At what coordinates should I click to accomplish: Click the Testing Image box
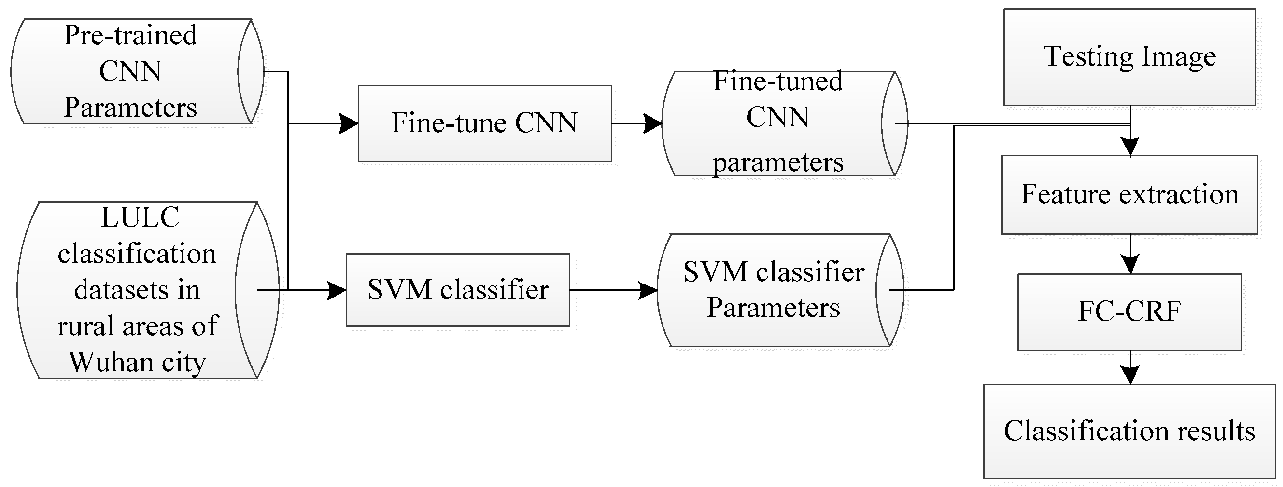click(1129, 57)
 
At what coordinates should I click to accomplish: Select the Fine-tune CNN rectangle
click(484, 123)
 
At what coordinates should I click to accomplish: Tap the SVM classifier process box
click(457, 290)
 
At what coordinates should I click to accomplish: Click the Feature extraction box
click(1129, 194)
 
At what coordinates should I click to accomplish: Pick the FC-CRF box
click(1129, 312)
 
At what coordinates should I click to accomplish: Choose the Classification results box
click(1129, 431)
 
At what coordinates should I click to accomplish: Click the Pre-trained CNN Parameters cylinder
click(130, 71)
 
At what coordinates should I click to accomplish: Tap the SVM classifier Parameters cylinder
click(773, 290)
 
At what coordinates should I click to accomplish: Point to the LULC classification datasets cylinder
click(137, 290)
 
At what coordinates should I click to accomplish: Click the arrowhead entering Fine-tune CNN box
click(349, 123)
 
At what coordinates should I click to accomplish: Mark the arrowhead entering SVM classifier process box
click(337, 290)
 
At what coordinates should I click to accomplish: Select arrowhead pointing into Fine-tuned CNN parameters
click(652, 123)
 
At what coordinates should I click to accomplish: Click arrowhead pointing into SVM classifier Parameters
click(648, 290)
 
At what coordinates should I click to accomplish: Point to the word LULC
click(140, 217)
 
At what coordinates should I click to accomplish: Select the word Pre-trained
click(130, 35)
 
